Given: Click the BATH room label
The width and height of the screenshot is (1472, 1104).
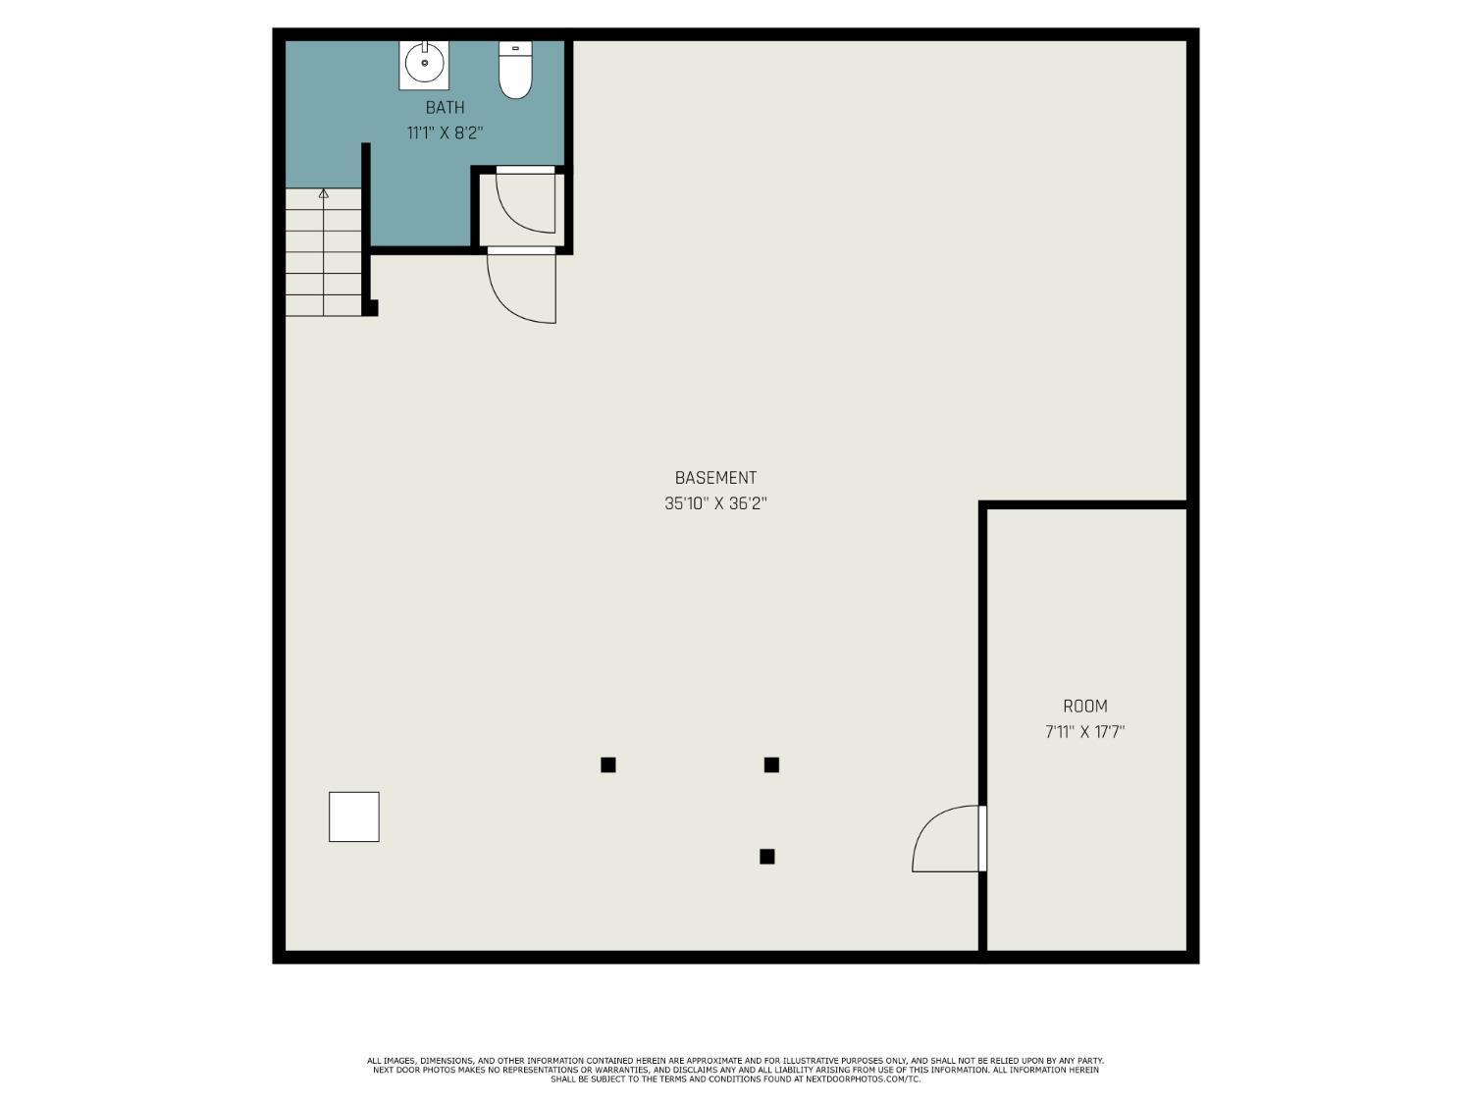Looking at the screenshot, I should point(445,107).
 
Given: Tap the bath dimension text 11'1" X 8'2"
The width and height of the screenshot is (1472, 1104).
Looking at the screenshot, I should point(445,132).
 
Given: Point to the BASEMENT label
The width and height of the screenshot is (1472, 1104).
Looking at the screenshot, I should point(715,478).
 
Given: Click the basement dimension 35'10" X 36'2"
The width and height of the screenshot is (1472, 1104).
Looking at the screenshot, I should point(715,503).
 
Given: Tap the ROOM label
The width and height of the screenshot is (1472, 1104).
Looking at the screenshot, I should point(1084,706).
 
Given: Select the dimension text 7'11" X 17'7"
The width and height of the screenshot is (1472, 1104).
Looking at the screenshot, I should point(1084,731).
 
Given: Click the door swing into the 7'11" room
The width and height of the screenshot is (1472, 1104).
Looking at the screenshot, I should point(944,839).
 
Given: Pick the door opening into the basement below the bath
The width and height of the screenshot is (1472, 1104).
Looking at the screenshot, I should point(521,287).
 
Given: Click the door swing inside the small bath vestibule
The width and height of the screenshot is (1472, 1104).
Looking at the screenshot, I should point(526,201).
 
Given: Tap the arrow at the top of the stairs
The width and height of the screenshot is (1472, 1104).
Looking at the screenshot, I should point(324,194).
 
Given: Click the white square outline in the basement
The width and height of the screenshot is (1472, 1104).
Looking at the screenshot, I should point(353,816).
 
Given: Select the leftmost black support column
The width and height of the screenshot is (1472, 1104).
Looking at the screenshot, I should point(608,764).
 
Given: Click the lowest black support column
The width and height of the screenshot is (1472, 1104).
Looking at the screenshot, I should point(767,857).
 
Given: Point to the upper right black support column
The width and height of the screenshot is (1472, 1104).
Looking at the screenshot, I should point(771,764).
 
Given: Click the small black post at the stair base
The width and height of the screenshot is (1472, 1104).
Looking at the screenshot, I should point(370,308).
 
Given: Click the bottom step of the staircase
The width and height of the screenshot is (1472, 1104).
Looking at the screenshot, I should point(324,305).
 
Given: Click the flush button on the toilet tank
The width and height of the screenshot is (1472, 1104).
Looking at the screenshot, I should point(515,48).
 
